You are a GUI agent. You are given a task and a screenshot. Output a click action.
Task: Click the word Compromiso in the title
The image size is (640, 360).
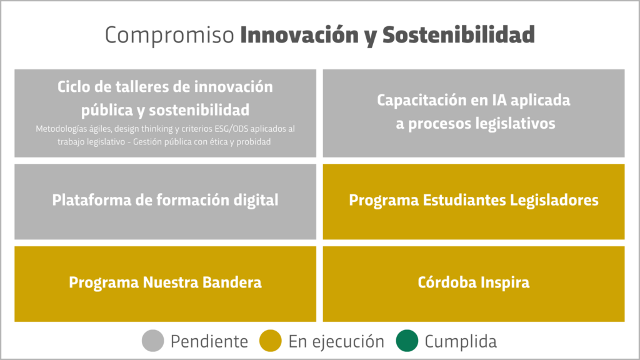click(x=169, y=36)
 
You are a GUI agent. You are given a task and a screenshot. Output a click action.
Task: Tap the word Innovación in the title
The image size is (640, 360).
click(x=299, y=34)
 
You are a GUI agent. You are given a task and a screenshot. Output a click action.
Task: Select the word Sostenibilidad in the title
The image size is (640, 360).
click(x=458, y=34)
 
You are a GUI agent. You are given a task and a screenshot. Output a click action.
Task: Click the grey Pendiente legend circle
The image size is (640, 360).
click(x=152, y=341)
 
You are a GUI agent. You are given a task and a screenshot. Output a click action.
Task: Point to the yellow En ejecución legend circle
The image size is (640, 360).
click(x=270, y=341)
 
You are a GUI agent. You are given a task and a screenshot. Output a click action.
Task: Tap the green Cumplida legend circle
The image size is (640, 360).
click(x=407, y=341)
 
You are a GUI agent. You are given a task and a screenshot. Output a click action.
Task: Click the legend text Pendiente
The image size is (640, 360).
click(x=209, y=342)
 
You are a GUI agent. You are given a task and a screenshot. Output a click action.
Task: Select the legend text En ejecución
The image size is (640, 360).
click(x=336, y=342)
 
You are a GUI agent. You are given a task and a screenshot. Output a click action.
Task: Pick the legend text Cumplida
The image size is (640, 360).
click(x=461, y=342)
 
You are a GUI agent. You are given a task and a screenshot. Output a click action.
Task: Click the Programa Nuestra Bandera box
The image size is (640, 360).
click(x=165, y=284)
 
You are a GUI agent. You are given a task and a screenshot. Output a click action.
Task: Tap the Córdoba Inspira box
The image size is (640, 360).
click(x=474, y=284)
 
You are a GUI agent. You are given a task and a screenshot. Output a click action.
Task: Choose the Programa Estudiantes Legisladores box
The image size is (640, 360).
click(x=474, y=202)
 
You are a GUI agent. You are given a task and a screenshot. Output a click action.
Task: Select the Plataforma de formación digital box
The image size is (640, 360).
click(x=165, y=202)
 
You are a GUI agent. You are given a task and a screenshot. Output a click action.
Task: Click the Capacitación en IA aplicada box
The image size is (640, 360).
click(x=474, y=113)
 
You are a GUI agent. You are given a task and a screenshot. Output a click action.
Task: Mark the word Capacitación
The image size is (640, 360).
click(x=421, y=101)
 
